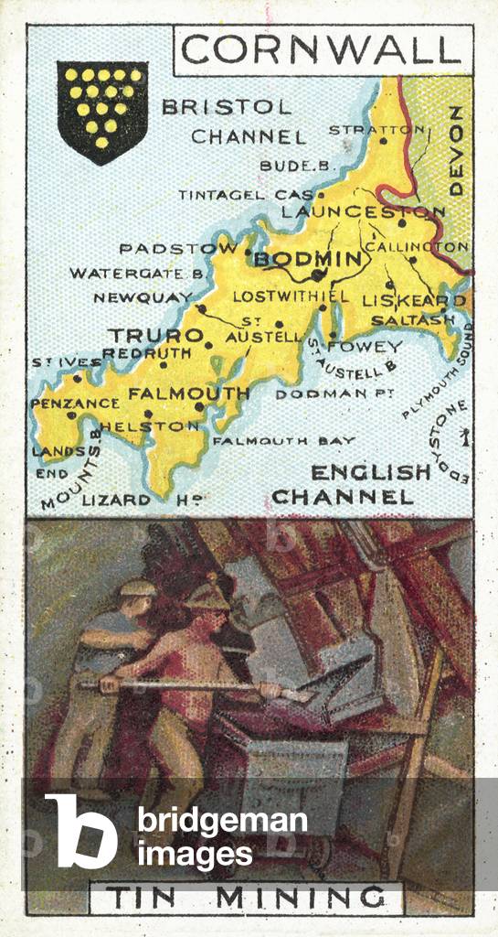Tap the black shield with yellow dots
(102, 108)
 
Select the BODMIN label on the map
(307, 260)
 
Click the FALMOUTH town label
(189, 394)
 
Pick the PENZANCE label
(75, 403)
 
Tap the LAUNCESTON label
(363, 212)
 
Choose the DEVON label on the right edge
(457, 150)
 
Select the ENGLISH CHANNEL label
(358, 485)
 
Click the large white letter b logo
(81, 828)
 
